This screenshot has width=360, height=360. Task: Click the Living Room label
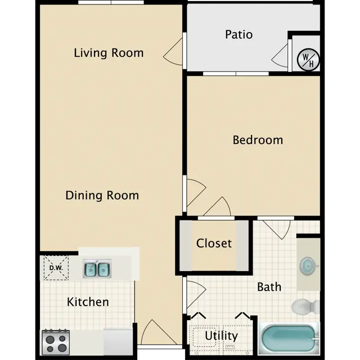point(109,53)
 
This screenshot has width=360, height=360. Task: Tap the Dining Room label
point(102,195)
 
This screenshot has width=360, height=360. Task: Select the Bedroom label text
point(258,140)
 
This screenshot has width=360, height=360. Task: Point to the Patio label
point(238,34)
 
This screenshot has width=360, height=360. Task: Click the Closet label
point(214,243)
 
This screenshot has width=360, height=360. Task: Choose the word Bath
point(269,287)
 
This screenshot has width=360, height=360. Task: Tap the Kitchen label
point(88,301)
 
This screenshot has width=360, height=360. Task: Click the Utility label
point(221,336)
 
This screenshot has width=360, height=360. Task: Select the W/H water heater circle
point(308,60)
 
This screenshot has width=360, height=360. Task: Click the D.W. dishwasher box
point(56,268)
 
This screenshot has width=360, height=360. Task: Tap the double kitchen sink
point(97,269)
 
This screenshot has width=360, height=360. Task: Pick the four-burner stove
point(56,342)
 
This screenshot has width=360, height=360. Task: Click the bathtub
point(289,339)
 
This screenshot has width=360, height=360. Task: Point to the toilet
point(305,306)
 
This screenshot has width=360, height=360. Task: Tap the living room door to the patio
point(173,52)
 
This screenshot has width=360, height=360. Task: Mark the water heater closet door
point(280,56)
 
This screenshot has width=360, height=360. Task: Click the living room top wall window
point(111,2)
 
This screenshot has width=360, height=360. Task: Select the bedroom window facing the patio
point(236,74)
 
